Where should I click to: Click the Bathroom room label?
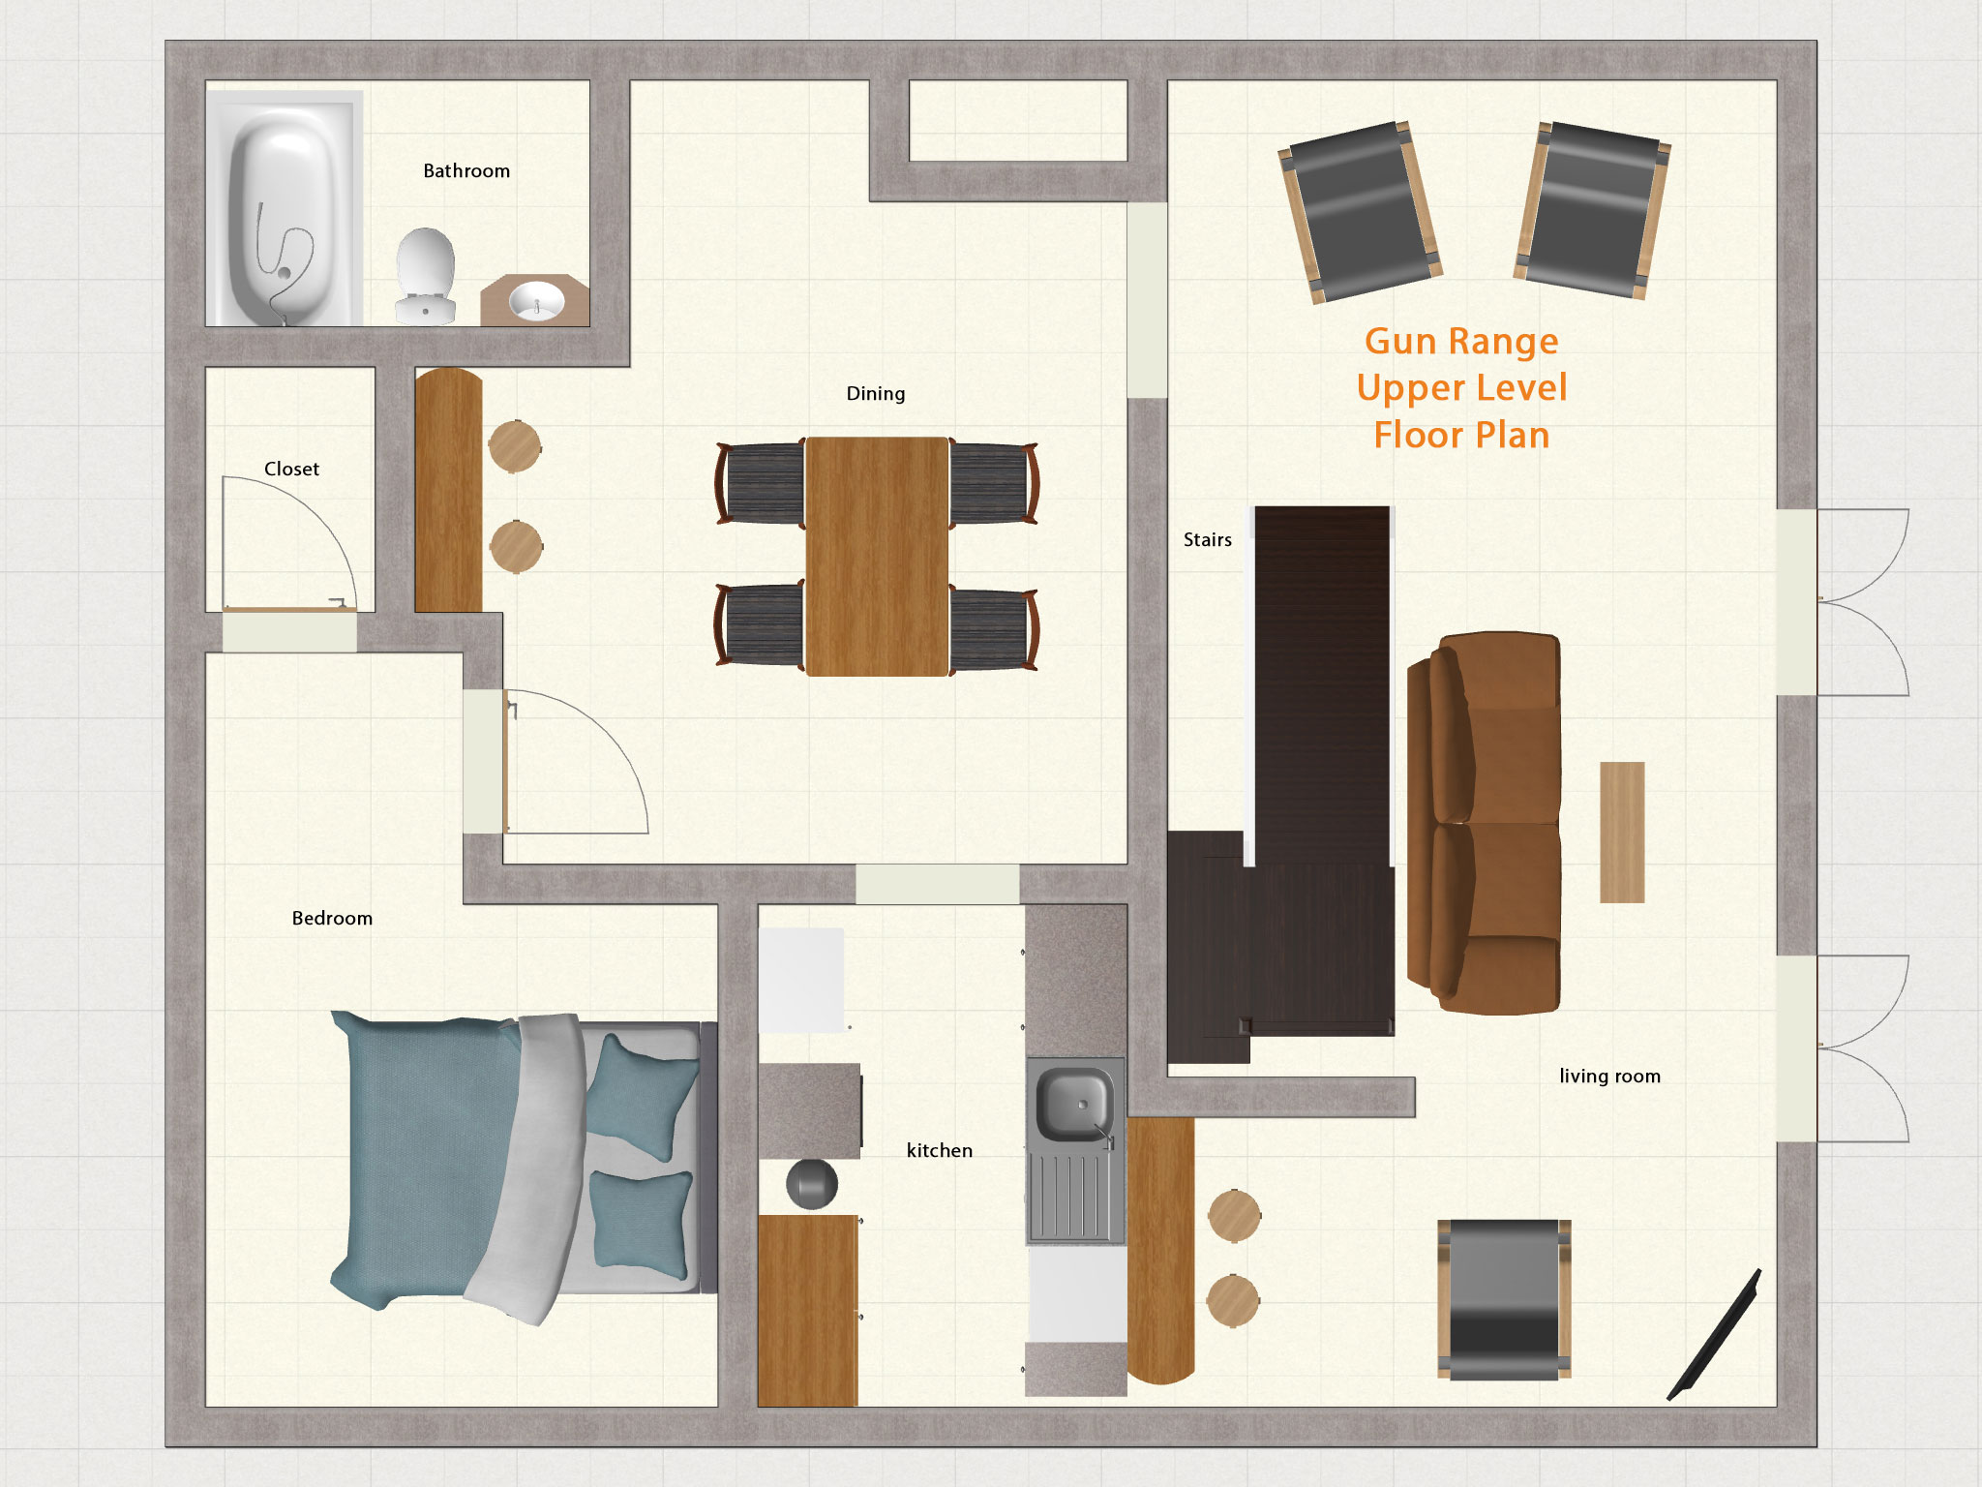tap(465, 171)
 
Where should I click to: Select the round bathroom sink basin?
tap(536, 300)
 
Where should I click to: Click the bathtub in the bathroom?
tap(283, 209)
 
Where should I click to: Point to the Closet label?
tap(291, 470)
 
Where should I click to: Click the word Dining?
tap(875, 394)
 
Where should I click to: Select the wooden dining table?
tap(876, 556)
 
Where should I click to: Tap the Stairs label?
tap(1207, 540)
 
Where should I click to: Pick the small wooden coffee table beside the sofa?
tap(1621, 832)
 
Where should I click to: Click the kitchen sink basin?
tap(1073, 1104)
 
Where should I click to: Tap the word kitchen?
tap(939, 1151)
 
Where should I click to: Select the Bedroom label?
tap(332, 919)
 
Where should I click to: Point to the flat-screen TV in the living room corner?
tap(1714, 1336)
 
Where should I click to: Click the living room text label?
tap(1608, 1077)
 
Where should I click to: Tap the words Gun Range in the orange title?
tap(1460, 342)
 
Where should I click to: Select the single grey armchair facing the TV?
tap(1503, 1299)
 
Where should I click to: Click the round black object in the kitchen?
tap(811, 1183)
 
